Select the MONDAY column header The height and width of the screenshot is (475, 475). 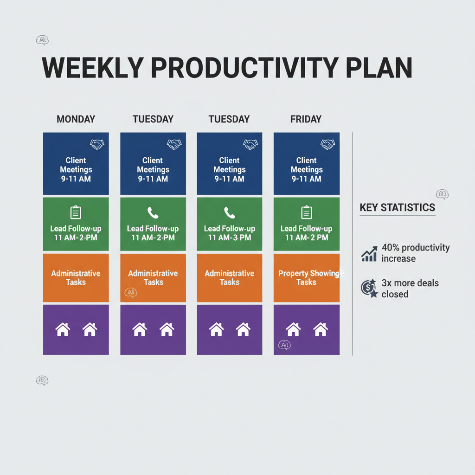pyautogui.click(x=76, y=119)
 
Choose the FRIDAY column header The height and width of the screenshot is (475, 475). pyautogui.click(x=306, y=119)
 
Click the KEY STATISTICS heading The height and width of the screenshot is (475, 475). pyautogui.click(x=398, y=207)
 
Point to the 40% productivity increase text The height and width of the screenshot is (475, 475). pyautogui.click(x=415, y=253)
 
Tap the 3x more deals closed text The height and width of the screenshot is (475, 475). pyautogui.click(x=410, y=288)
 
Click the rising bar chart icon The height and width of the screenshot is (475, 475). pyautogui.click(x=369, y=254)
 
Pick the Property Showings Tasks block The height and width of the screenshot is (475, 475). pyautogui.click(x=307, y=277)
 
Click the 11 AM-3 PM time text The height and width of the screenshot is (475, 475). pyautogui.click(x=229, y=237)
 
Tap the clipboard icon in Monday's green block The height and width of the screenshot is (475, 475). pyautogui.click(x=76, y=213)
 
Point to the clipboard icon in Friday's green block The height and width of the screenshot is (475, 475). pyautogui.click(x=306, y=213)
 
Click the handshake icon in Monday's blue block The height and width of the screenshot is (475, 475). pyautogui.click(x=97, y=144)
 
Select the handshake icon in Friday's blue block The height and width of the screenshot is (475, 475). pyautogui.click(x=327, y=144)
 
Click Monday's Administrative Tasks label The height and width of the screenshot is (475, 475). pyautogui.click(x=76, y=277)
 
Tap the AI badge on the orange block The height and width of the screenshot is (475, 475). pyautogui.click(x=130, y=292)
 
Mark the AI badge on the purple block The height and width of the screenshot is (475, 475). pyautogui.click(x=283, y=345)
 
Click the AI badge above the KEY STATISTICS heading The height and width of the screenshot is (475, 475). pyautogui.click(x=442, y=194)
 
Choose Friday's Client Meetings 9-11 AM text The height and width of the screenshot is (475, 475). pyautogui.click(x=307, y=169)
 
